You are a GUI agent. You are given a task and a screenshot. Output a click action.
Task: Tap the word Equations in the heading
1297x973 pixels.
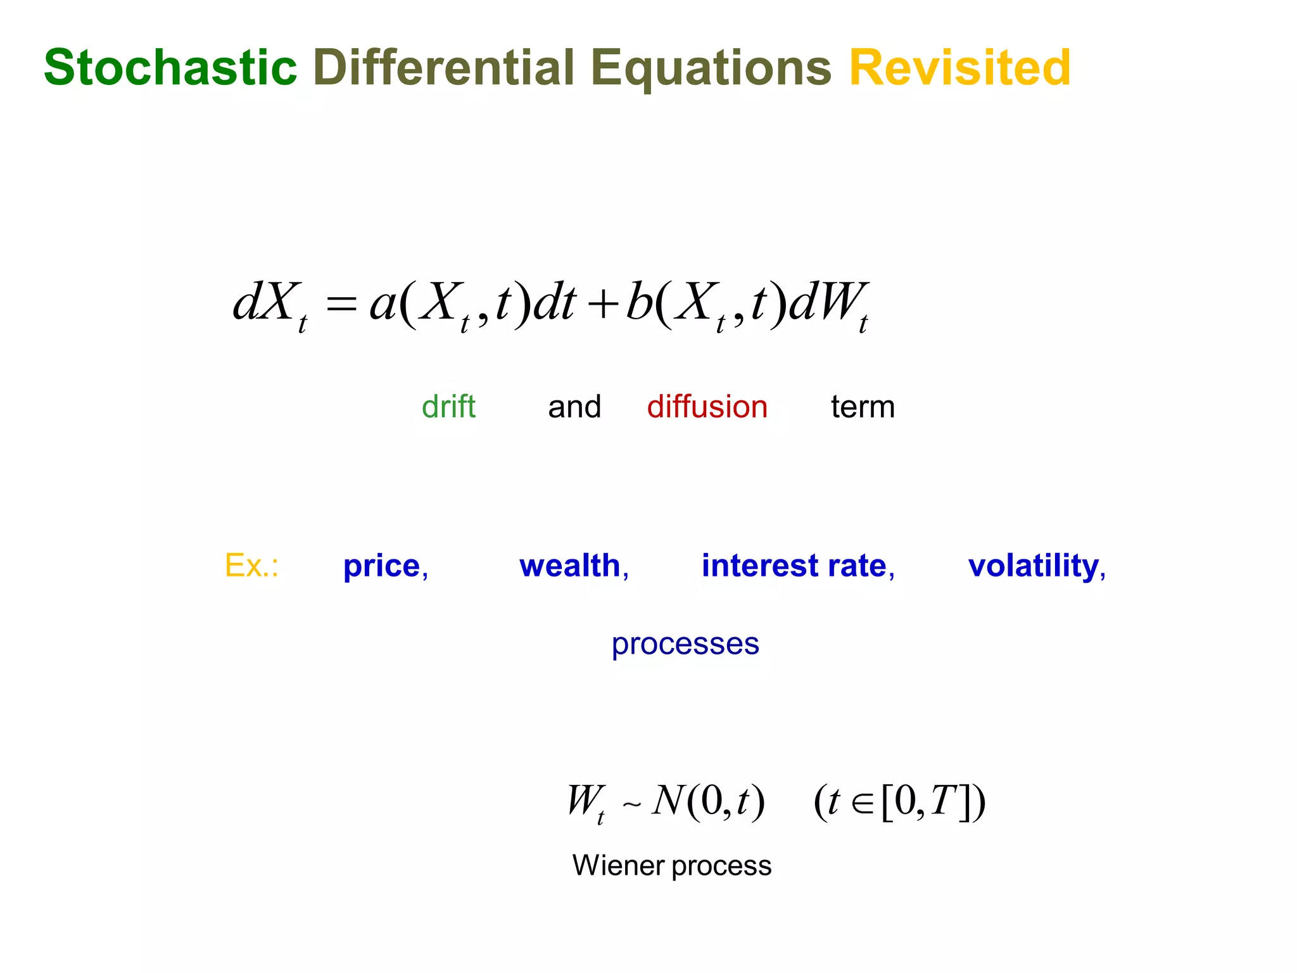[711, 68]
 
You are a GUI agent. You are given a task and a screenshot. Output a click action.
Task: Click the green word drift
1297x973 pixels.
[448, 407]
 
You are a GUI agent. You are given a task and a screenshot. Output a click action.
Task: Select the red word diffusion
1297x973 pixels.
[707, 407]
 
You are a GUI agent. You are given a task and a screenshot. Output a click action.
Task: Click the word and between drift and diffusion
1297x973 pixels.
[574, 407]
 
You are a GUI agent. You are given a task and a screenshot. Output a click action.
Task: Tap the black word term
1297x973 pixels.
[863, 407]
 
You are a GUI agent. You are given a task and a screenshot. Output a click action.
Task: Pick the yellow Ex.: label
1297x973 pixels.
[251, 565]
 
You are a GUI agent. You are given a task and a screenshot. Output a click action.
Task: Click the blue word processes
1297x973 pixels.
[685, 645]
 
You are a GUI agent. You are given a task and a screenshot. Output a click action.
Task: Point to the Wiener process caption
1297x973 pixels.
[672, 865]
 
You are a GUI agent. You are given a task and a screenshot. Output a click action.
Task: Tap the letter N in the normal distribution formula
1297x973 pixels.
[667, 801]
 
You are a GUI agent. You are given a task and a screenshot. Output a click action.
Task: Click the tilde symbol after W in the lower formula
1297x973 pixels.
[631, 805]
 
